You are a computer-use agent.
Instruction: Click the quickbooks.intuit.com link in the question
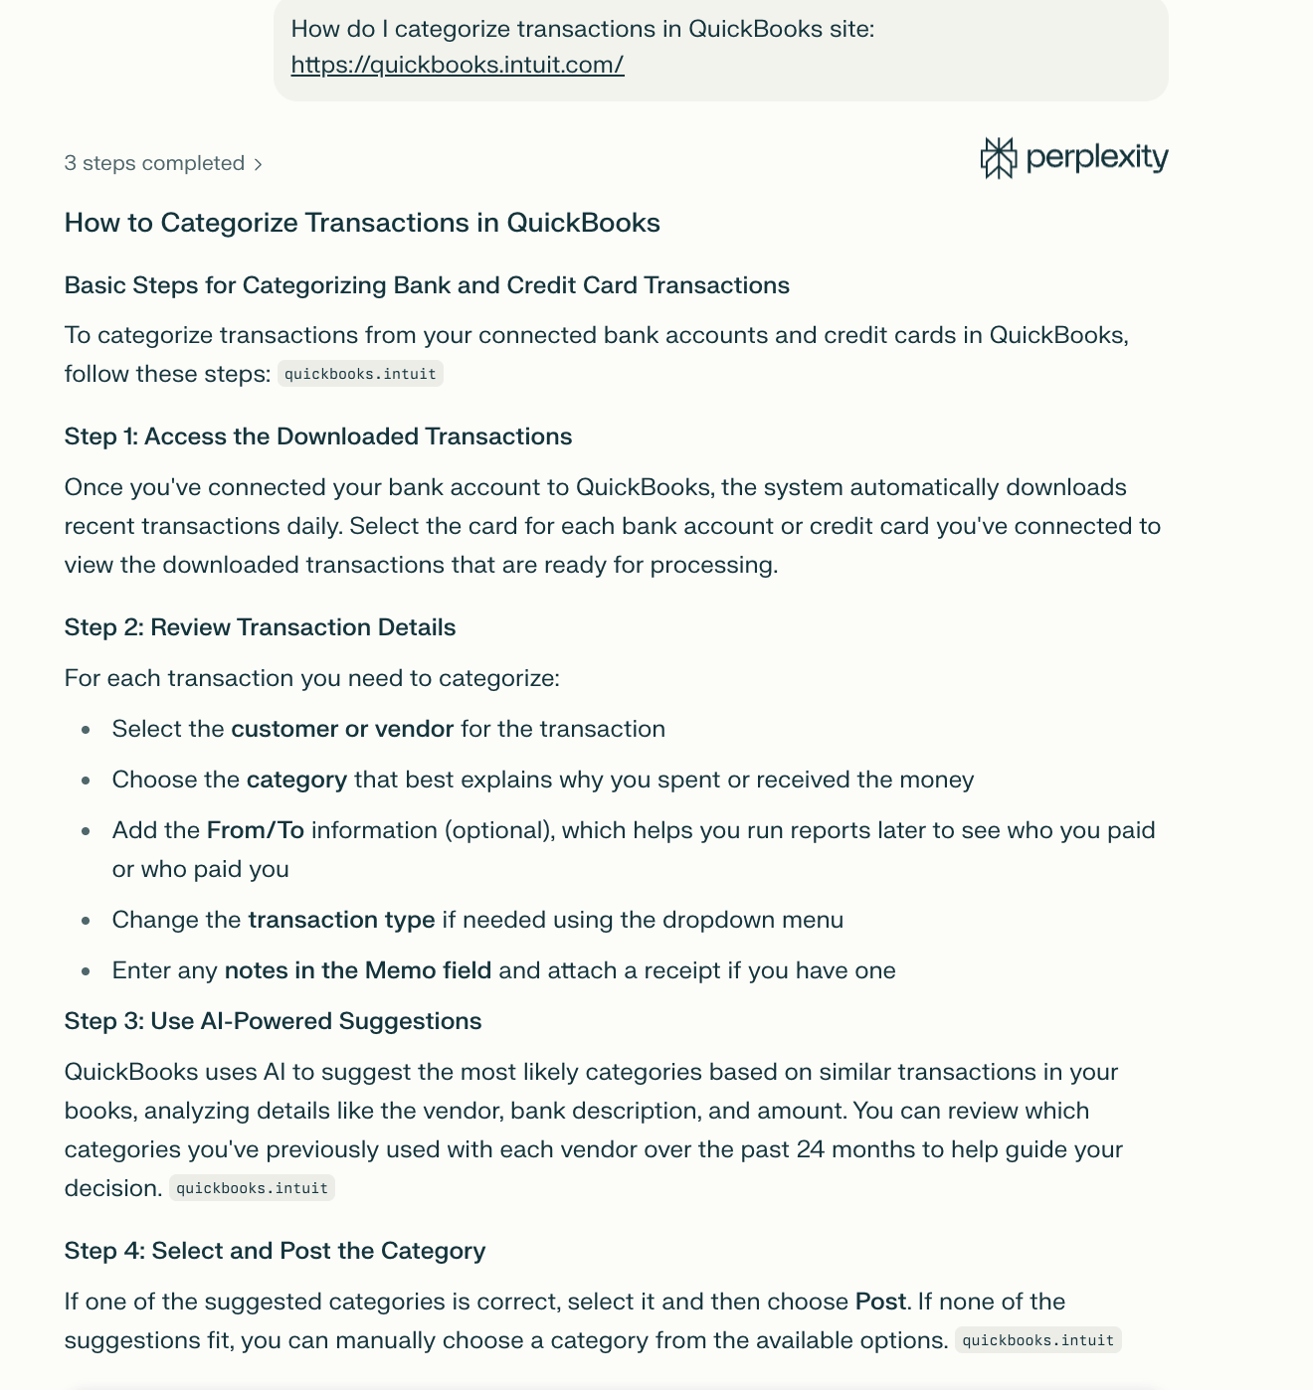coord(458,66)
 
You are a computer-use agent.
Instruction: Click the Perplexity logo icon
coord(998,158)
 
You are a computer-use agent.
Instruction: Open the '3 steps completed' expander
coord(163,164)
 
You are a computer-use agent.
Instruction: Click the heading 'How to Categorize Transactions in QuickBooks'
coord(362,223)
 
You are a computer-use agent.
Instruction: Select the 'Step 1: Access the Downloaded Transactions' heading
coord(318,436)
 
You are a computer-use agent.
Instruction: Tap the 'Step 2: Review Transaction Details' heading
coord(260,627)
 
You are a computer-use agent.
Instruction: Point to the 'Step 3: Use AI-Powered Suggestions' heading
coord(273,1021)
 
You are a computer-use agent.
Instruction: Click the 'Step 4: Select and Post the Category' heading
coord(275,1251)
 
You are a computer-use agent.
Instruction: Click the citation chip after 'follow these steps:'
coord(360,375)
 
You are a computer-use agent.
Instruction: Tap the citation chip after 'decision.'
coord(252,1188)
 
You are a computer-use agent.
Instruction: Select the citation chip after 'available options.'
coord(1037,1340)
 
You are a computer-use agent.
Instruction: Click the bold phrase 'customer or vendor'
coord(342,729)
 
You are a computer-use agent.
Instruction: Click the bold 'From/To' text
coord(256,830)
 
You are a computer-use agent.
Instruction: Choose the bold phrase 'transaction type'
coord(341,920)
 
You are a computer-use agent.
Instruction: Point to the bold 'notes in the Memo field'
coord(358,970)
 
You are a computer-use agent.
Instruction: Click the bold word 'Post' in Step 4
coord(880,1302)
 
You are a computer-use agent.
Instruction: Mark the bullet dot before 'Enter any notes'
coord(87,971)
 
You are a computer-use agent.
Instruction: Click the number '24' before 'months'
coord(811,1149)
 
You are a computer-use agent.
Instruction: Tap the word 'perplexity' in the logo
coord(1096,157)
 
